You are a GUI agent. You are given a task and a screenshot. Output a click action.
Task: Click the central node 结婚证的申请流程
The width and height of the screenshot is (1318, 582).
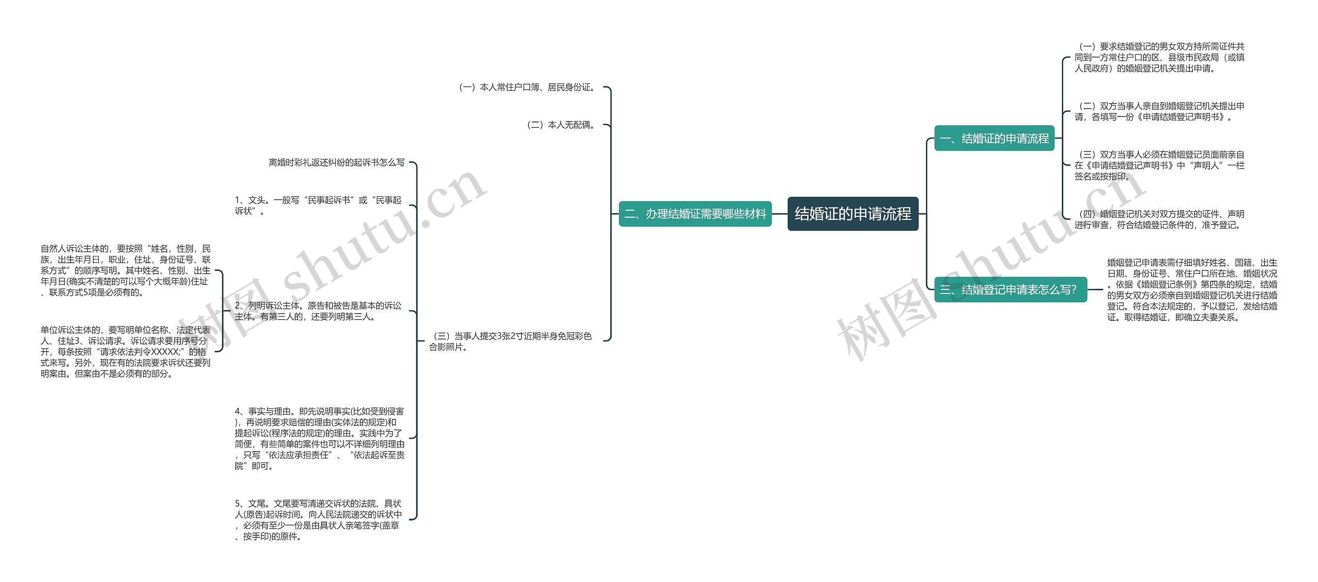tap(853, 214)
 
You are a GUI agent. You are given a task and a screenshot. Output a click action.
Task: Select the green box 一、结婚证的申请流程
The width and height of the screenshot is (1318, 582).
tap(994, 139)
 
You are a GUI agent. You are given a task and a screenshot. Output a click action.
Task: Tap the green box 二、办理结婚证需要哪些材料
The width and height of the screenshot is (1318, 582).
tap(695, 214)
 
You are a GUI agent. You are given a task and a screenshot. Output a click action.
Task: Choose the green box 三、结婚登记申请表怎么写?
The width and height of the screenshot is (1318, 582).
tap(1010, 289)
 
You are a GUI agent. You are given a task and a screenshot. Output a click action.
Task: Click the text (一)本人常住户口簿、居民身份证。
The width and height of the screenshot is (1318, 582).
tap(528, 88)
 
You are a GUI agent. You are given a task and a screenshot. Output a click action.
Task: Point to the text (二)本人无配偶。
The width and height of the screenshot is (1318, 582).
tap(562, 125)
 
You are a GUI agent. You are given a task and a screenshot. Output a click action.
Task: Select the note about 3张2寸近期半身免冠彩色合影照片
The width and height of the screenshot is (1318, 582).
tap(510, 341)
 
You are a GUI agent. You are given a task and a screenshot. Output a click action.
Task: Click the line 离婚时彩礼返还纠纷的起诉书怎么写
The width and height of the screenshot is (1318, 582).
tap(336, 163)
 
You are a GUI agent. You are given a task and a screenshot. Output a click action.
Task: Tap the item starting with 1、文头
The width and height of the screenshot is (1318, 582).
tap(318, 206)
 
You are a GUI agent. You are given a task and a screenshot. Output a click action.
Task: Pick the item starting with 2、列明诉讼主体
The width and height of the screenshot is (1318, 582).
tap(318, 311)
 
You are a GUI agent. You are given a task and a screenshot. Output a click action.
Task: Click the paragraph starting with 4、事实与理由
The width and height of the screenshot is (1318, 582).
tap(319, 438)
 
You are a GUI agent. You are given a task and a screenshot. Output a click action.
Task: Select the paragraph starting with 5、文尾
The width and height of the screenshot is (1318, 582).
tap(318, 520)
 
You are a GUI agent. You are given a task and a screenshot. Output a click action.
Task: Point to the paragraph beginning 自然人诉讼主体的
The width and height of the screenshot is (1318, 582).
tap(126, 270)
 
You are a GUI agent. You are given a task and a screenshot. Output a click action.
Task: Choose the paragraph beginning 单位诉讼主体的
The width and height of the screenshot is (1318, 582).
tap(126, 352)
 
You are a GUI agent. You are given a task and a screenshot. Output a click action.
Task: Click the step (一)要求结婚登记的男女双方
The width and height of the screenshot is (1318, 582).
tap(1159, 57)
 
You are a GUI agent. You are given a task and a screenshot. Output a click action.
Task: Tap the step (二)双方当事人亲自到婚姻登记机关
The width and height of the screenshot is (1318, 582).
tap(1159, 111)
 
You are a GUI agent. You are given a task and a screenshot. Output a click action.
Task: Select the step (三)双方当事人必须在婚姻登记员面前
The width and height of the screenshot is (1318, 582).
tap(1159, 165)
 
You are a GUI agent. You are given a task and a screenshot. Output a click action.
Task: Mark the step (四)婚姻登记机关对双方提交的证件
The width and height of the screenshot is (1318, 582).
tap(1159, 219)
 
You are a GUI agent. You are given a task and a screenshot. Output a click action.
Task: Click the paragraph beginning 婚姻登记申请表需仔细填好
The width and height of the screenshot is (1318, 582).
tap(1192, 289)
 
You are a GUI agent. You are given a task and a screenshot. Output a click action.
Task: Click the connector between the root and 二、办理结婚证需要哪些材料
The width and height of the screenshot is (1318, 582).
tap(779, 214)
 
